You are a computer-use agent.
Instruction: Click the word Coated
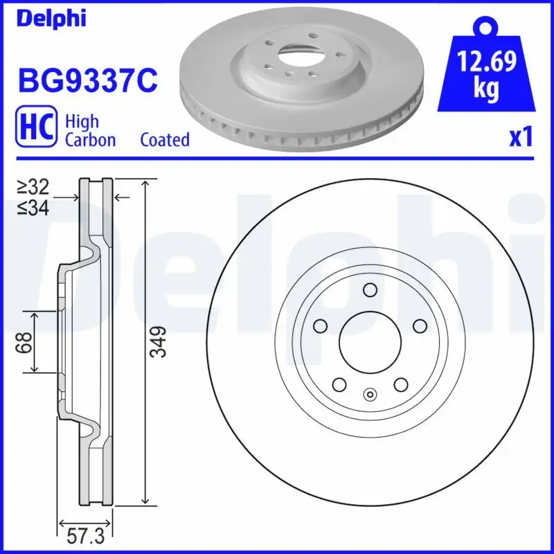point(165,139)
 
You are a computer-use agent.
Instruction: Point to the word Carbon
point(90,139)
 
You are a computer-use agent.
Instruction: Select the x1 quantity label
point(521,137)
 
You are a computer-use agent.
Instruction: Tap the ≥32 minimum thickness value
point(34,187)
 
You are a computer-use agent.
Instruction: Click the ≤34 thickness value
point(34,207)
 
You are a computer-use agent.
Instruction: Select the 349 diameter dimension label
point(159,342)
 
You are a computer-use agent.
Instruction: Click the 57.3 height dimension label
point(85,536)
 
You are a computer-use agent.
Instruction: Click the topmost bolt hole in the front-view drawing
point(369,290)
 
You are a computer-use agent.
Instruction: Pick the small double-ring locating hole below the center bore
point(369,395)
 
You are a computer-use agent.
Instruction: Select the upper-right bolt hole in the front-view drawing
point(419,325)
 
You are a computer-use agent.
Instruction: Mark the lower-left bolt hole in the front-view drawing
point(339,384)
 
